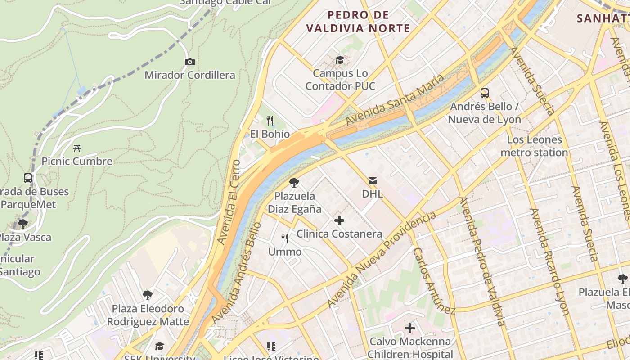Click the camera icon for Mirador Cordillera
190,62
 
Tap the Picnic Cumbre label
77,161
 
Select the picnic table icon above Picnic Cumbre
77,148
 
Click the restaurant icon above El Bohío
270,120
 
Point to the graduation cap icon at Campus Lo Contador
340,60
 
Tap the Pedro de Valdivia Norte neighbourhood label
358,22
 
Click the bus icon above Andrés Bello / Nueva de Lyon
485,93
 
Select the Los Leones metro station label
534,146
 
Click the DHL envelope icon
373,181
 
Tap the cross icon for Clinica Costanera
339,220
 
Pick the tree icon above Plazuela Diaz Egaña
294,183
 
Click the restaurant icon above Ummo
285,238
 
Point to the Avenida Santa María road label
395,100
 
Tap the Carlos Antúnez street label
434,280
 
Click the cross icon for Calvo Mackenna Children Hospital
410,328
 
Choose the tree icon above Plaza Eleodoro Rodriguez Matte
147,295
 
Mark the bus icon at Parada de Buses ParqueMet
28,178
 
